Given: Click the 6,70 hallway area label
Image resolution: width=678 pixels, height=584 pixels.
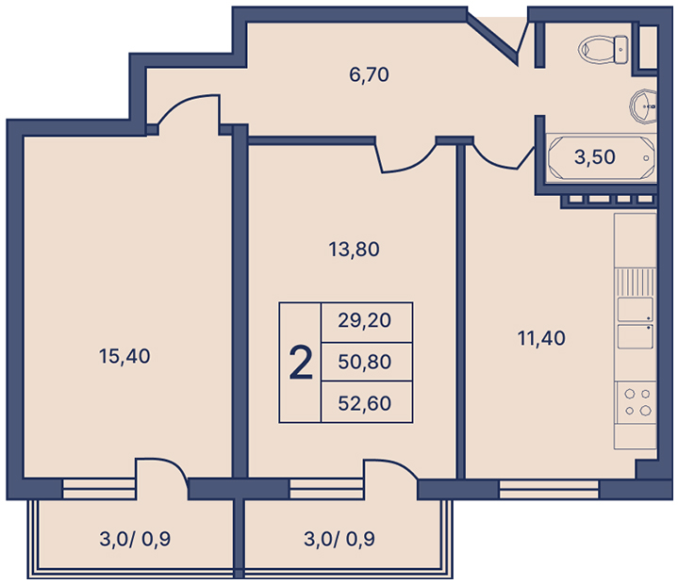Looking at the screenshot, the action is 369,74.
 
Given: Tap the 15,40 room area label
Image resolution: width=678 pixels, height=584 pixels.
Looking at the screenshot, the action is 124,356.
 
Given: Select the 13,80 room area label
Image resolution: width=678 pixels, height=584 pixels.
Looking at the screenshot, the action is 354,250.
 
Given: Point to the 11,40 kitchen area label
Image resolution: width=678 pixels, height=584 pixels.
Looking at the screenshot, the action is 541,338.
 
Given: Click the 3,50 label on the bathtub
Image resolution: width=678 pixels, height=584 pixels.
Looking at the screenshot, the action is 595,156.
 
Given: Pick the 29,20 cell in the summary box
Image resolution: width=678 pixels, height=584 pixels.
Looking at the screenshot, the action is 365,320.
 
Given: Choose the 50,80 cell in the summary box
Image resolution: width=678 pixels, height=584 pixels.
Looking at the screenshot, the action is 365,362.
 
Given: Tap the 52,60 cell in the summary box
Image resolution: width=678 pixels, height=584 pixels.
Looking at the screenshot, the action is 365,403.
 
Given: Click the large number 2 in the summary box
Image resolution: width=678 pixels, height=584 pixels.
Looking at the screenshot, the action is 301,363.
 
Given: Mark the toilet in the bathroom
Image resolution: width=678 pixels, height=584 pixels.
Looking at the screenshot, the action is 604,49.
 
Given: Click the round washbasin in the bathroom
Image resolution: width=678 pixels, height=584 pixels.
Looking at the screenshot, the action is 643,106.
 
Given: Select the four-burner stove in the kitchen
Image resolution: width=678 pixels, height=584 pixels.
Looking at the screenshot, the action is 637,402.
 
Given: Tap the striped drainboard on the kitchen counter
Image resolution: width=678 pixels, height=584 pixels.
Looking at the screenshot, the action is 635,282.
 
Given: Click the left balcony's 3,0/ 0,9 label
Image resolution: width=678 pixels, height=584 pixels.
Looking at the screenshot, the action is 135,539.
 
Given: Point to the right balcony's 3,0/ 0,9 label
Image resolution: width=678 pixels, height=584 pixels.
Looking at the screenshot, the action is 339,539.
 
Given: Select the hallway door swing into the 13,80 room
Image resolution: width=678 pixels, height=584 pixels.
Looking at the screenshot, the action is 406,159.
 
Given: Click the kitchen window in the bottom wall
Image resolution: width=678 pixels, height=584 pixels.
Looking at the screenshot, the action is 549,490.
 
